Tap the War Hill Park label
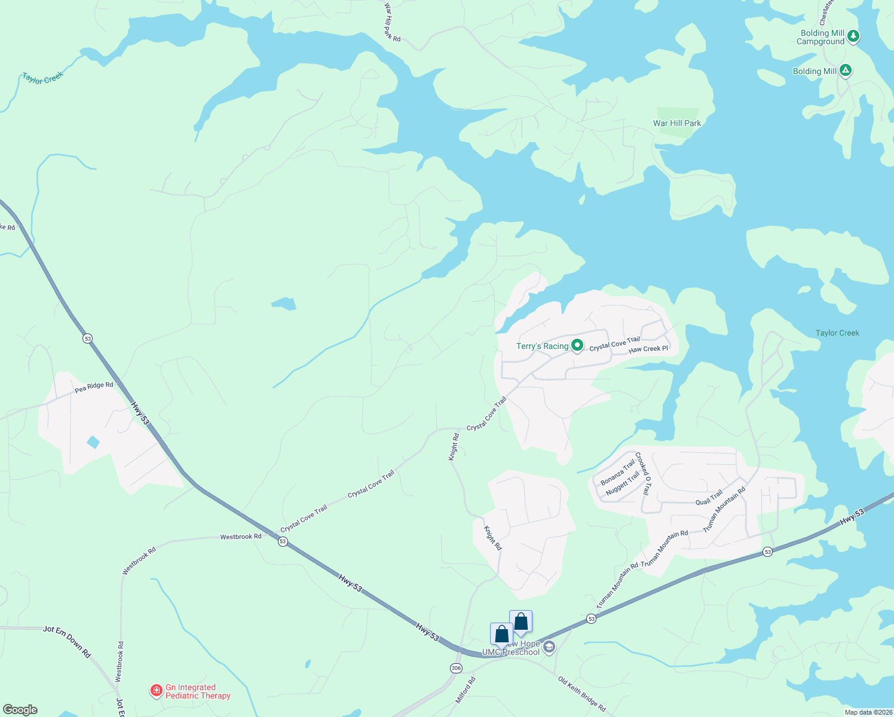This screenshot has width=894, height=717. click(677, 123)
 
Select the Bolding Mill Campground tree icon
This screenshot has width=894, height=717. click(853, 36)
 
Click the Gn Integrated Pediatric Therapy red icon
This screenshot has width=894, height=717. click(156, 691)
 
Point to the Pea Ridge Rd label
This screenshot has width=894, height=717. click(94, 387)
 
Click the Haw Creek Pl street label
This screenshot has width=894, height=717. click(648, 349)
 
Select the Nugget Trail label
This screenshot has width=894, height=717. click(622, 483)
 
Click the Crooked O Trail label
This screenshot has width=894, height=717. click(642, 473)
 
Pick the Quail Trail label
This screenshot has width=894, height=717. click(709, 498)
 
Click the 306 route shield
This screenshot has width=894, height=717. click(456, 668)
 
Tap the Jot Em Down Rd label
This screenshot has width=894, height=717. click(66, 641)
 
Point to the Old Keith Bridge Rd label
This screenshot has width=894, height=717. click(581, 694)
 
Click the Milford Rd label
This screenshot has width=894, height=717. click(465, 688)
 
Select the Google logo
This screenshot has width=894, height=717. click(20, 709)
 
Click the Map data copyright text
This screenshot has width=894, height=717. click(868, 712)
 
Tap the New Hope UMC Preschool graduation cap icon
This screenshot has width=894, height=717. click(549, 647)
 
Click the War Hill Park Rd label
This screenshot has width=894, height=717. click(391, 23)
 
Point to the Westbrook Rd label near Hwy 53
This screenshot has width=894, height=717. click(240, 537)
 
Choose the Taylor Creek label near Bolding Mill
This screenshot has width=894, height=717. click(837, 333)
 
